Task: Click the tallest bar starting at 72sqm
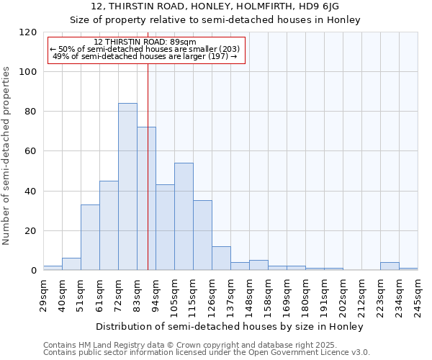click(x=127, y=187)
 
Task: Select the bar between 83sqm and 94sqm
click(x=146, y=199)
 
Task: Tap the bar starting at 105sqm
click(x=184, y=217)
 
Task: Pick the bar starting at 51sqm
click(x=90, y=238)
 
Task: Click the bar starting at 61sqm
click(x=109, y=225)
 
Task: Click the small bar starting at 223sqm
click(x=390, y=266)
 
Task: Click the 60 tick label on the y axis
click(x=31, y=152)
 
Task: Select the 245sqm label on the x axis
click(x=418, y=294)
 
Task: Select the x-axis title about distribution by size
click(x=230, y=326)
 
